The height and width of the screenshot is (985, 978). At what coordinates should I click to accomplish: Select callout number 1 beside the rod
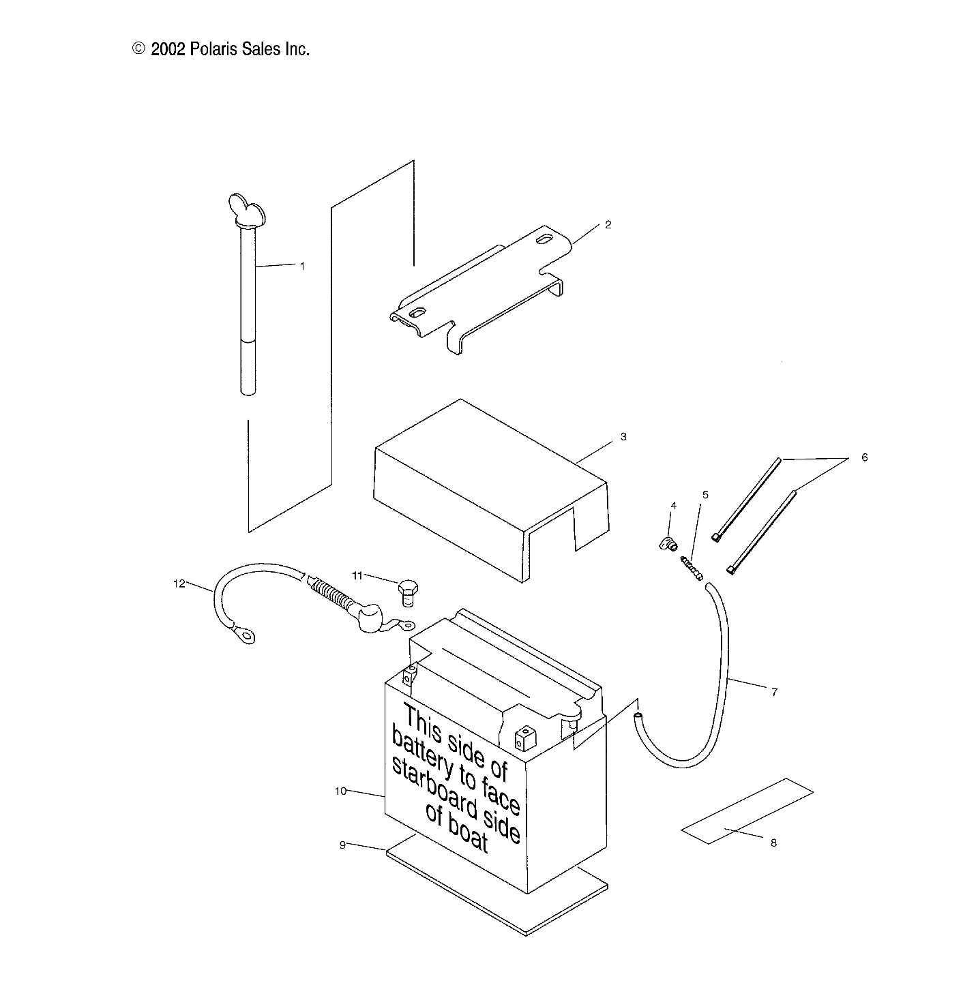(x=303, y=267)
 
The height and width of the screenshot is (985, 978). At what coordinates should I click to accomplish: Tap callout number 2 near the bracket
(x=608, y=224)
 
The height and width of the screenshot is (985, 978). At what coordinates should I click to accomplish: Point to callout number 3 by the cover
(x=623, y=436)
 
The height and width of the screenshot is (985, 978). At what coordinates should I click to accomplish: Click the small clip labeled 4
(x=667, y=543)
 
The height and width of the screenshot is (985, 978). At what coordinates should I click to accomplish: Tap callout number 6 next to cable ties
(x=864, y=457)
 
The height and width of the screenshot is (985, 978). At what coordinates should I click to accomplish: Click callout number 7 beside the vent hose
(x=774, y=692)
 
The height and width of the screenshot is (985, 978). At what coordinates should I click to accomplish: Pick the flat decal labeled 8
(x=747, y=811)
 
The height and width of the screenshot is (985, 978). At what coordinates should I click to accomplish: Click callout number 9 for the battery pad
(x=342, y=845)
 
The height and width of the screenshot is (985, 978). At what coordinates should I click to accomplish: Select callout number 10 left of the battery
(x=341, y=791)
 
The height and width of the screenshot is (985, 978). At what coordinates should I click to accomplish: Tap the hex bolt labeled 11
(x=407, y=590)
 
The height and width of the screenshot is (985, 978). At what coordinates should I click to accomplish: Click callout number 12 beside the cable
(x=179, y=584)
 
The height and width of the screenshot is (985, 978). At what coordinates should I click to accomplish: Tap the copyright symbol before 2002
(x=139, y=48)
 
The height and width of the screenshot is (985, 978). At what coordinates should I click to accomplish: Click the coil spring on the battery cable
(x=334, y=594)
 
